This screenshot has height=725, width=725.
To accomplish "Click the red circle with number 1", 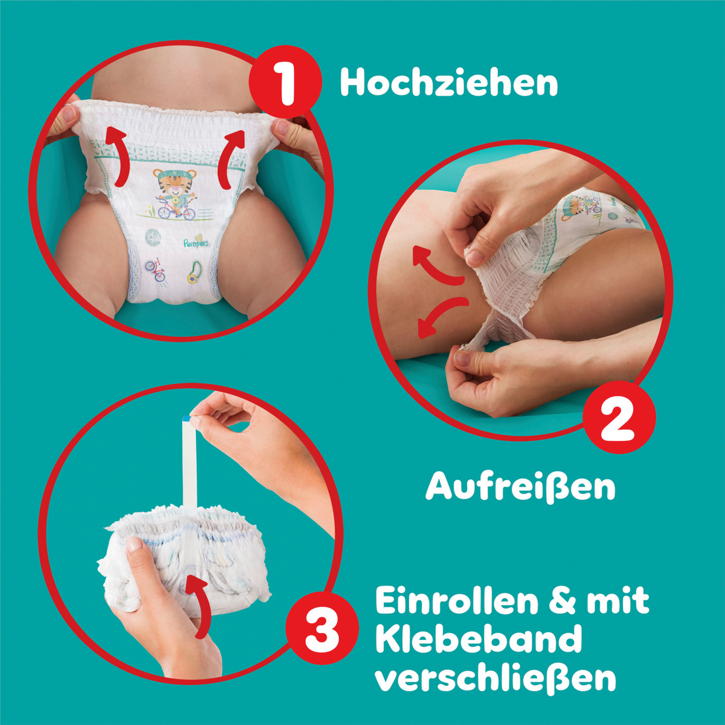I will pos(285,82).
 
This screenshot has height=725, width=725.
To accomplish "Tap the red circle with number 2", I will pos(619,417).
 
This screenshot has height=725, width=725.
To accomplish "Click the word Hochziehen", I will pos(449,83).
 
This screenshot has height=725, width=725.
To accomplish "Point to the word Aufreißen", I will pos(520,486).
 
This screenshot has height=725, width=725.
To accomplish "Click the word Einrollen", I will pos(456,601).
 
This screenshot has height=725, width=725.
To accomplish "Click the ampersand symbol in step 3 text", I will pos(562,601).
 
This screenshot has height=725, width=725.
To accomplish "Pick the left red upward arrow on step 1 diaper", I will pos(118,155).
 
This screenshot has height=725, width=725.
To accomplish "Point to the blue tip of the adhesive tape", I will pos(187,418).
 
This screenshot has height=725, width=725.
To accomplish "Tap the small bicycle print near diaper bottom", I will pos(156,270).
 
